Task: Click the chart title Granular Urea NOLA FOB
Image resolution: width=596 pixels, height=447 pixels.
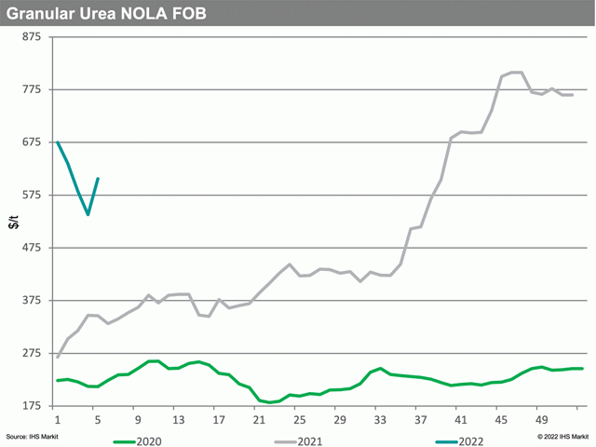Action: (106, 14)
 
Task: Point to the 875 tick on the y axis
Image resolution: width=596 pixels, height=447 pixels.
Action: (32, 37)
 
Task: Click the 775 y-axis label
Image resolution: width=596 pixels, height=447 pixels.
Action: (32, 89)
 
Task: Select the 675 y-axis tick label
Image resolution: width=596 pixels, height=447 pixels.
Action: (32, 142)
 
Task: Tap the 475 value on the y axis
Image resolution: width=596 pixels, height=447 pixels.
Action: (32, 248)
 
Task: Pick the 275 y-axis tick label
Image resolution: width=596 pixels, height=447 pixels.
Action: (32, 353)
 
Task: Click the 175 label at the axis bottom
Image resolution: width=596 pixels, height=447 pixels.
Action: (32, 406)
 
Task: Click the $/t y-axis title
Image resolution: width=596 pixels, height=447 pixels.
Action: (14, 222)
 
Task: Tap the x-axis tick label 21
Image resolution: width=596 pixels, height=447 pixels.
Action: (259, 420)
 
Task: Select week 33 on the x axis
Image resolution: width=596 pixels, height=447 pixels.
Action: (380, 420)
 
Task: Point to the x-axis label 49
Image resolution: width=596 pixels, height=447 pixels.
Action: (542, 420)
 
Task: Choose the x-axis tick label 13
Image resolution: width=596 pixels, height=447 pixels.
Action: (179, 420)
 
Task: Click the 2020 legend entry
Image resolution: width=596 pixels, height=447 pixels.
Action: (138, 441)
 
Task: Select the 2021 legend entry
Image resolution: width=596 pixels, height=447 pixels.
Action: (298, 441)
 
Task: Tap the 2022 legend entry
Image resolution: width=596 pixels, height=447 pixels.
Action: (459, 441)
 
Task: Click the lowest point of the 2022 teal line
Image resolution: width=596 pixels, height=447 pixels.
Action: (88, 215)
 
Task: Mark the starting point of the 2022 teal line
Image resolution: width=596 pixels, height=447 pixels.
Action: (58, 142)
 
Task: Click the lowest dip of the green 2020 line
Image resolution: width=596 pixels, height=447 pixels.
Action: (269, 402)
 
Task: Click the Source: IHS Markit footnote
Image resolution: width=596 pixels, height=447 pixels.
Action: (33, 437)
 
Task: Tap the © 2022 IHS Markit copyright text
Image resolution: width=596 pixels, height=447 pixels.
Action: (562, 437)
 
